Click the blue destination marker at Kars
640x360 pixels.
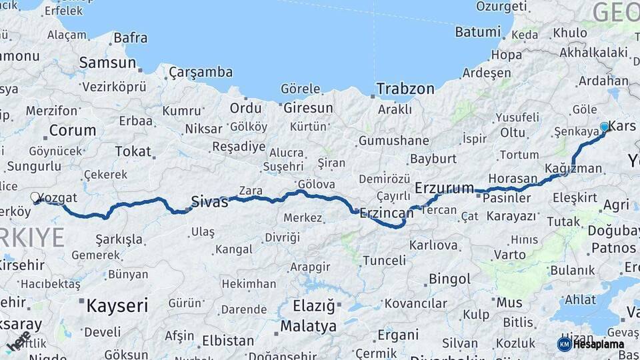(x=604, y=126)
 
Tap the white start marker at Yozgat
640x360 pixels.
(x=35, y=197)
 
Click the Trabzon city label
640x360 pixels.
(x=405, y=89)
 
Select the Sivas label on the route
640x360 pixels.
(x=209, y=201)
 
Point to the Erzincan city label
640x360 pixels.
(x=386, y=213)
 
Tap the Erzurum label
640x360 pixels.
(x=444, y=188)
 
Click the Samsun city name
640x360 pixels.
(x=107, y=63)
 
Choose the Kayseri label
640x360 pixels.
(x=117, y=306)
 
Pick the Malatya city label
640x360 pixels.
(x=308, y=327)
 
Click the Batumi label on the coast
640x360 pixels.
(x=477, y=32)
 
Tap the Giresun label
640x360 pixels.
(x=308, y=107)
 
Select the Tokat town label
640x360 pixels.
(x=133, y=151)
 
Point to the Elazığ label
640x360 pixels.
(x=313, y=306)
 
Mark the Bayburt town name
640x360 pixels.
(x=433, y=159)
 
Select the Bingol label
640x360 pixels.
(x=450, y=278)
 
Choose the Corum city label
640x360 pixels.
(x=73, y=130)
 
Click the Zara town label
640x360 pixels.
(x=251, y=191)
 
